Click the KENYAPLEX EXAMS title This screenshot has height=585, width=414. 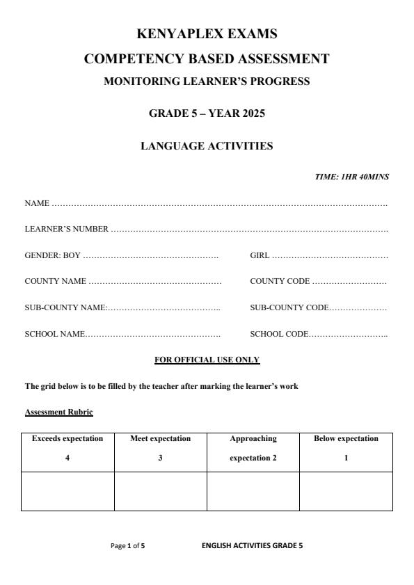click(x=207, y=33)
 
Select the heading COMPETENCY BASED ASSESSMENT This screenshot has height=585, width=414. click(x=207, y=59)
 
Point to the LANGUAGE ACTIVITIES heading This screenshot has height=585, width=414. click(x=207, y=146)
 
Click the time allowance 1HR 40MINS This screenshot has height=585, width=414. click(x=351, y=177)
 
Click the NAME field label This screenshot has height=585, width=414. click(x=37, y=203)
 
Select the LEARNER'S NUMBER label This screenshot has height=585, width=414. click(x=67, y=229)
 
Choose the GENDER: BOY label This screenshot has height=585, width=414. click(x=53, y=255)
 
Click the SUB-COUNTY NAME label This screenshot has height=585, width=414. click(x=65, y=307)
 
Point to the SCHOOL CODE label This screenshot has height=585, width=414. click(x=278, y=334)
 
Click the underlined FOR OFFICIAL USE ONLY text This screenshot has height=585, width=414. click(x=207, y=360)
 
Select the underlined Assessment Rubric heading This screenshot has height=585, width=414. click(x=58, y=412)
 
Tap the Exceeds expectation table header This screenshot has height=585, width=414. click(x=67, y=439)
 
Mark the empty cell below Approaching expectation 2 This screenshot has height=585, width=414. click(x=253, y=492)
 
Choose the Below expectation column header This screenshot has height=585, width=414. click(x=346, y=439)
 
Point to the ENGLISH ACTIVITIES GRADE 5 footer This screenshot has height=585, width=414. click(x=252, y=546)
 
